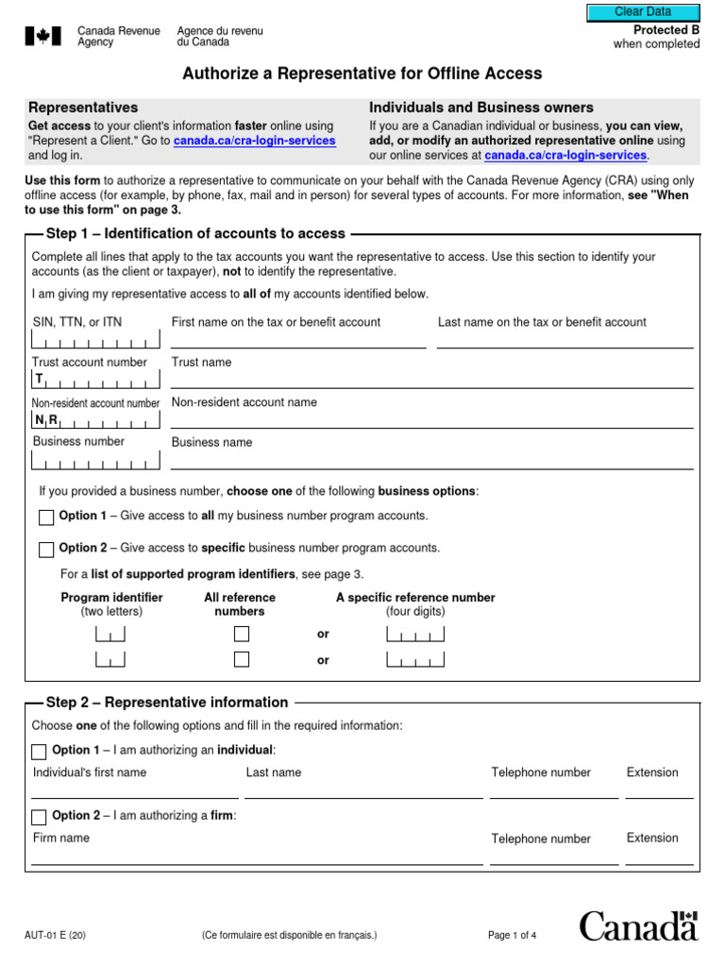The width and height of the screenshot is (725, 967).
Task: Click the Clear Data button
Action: coord(643,12)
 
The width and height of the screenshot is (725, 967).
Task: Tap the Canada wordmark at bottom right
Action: coord(638,925)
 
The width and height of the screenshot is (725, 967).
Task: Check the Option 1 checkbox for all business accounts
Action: coord(46,517)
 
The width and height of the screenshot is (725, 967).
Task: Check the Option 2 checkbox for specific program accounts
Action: coord(46,550)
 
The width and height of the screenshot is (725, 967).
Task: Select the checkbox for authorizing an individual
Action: coord(39,752)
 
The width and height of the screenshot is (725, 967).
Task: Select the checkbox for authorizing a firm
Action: coord(39,817)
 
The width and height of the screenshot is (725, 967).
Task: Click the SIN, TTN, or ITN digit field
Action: coord(95,342)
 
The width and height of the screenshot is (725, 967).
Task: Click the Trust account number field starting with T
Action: coord(95,381)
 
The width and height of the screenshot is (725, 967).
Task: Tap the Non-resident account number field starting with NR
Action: coord(95,421)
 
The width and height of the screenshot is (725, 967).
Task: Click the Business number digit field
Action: coord(95,462)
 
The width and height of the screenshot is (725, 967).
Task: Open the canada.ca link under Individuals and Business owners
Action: coord(565,155)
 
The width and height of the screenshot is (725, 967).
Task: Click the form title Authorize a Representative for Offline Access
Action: coord(362,74)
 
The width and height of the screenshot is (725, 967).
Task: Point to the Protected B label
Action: coord(666,30)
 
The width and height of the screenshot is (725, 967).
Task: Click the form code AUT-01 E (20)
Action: coord(56,936)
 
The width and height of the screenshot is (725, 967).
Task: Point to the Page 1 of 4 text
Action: coord(512,936)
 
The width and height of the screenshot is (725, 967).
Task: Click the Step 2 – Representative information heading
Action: coord(167,703)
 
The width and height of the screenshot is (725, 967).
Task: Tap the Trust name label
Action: coord(201,363)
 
